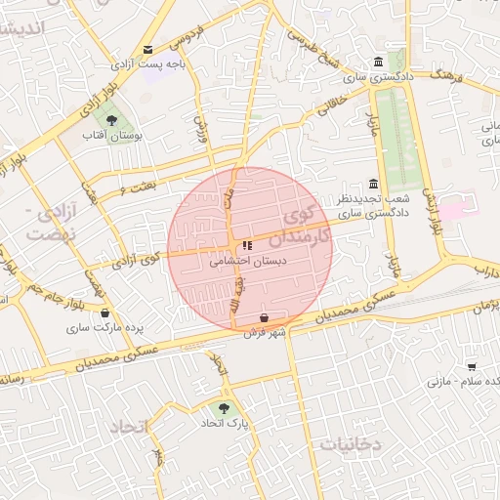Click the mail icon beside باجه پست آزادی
(x=147, y=49)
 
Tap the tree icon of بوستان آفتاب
(x=114, y=120)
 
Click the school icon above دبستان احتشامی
(x=246, y=245)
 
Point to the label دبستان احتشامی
(x=248, y=262)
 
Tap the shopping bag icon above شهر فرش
(x=266, y=317)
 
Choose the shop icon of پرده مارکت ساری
(x=104, y=313)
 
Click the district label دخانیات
(x=350, y=443)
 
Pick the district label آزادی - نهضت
(x=50, y=224)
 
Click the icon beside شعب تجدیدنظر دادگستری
(x=373, y=184)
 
